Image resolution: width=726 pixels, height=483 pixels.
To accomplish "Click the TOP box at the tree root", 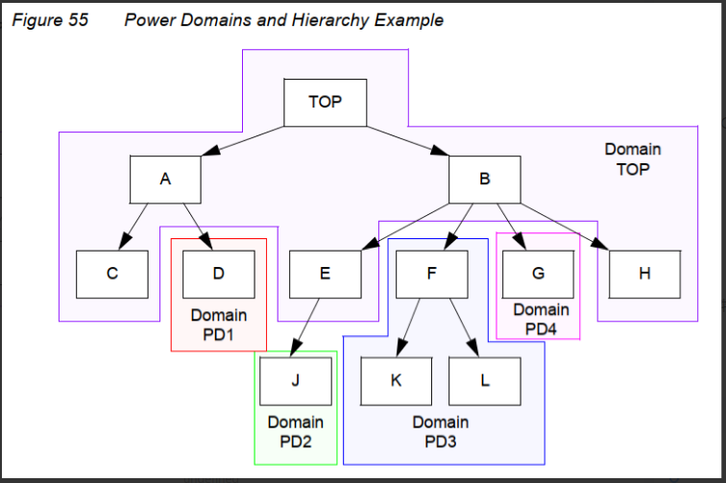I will (325, 102).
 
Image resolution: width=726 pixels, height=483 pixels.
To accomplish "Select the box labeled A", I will (165, 179).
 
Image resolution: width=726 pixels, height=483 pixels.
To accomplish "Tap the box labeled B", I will (484, 179).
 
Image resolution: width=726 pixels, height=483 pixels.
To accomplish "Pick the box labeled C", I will (112, 274).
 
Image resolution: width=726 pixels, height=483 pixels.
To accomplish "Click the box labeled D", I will (218, 274).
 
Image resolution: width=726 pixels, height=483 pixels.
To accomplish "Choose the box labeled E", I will (325, 274).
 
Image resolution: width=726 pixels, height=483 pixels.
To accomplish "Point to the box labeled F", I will (431, 274).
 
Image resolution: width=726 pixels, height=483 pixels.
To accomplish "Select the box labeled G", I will (538, 274).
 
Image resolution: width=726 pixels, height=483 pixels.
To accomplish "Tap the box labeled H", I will (643, 274).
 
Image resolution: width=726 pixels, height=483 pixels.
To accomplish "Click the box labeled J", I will (295, 380).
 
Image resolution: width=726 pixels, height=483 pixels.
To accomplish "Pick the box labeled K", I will (396, 380).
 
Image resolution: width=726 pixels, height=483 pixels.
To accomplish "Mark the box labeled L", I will (484, 380).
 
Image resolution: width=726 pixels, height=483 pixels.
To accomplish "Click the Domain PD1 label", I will (218, 325).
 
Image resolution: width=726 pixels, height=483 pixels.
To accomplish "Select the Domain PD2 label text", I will (295, 431).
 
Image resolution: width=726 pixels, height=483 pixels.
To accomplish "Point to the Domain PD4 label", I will (541, 319).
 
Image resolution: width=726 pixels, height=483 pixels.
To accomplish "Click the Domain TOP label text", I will (632, 159).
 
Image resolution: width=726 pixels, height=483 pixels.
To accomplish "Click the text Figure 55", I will (49, 20).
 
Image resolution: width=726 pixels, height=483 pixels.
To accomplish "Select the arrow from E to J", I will (308, 326).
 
